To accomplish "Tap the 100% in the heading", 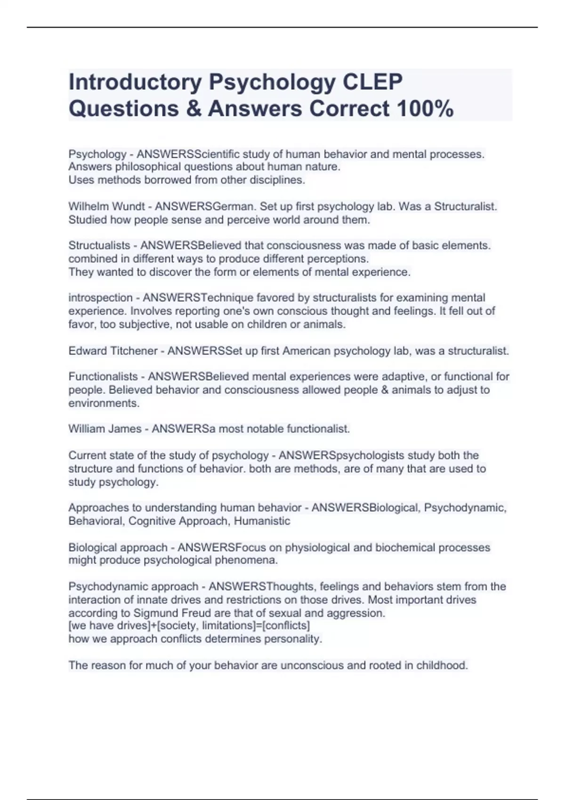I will click(x=425, y=109).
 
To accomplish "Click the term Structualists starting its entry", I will click(x=99, y=246).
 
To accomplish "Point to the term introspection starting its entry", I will click(x=101, y=298).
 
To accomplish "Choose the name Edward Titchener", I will click(x=113, y=351).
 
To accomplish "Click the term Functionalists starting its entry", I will click(x=103, y=377).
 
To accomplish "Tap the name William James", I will click(x=105, y=429).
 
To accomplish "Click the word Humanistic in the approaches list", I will click(x=262, y=521).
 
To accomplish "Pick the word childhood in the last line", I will click(x=442, y=665).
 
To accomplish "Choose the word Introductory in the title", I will click(x=135, y=82).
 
